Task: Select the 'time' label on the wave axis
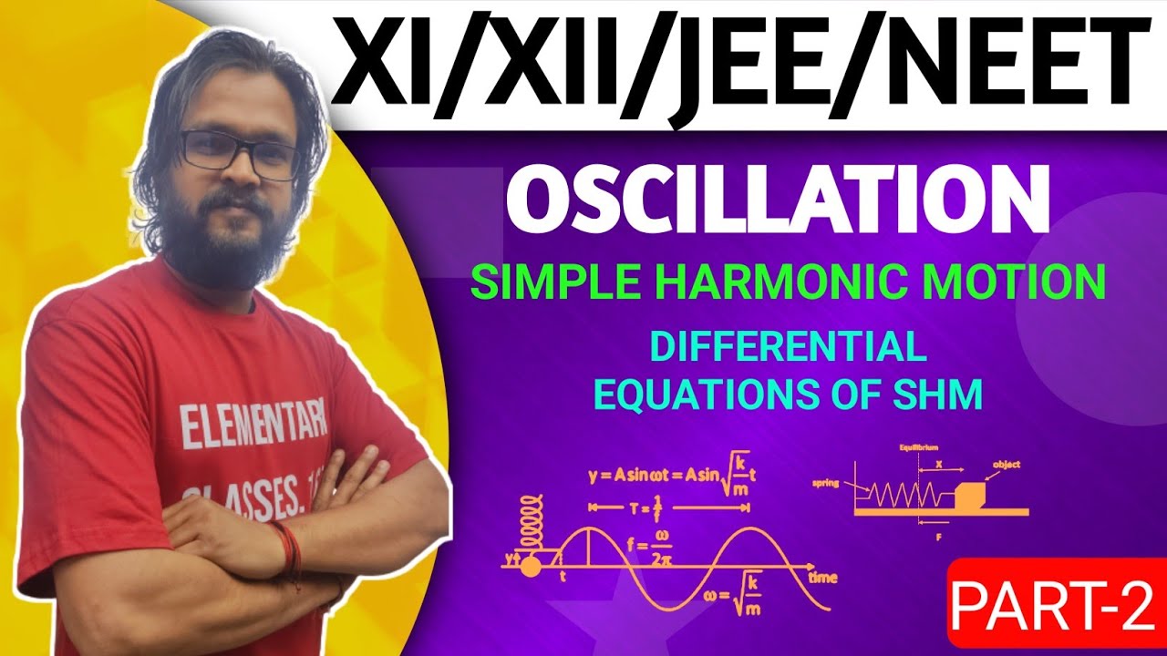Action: click(x=822, y=578)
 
